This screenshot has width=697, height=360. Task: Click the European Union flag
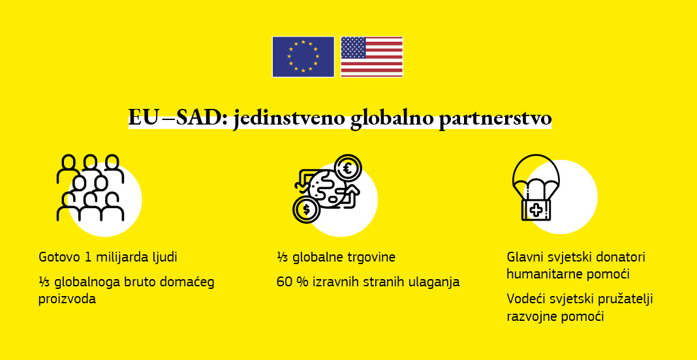[303, 57]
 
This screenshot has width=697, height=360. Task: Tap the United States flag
[371, 57]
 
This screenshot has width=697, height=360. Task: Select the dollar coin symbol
[305, 209]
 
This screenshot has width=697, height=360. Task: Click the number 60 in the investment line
[284, 282]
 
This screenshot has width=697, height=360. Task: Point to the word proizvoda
[67, 299]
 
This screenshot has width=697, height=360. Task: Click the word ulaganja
[435, 282]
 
